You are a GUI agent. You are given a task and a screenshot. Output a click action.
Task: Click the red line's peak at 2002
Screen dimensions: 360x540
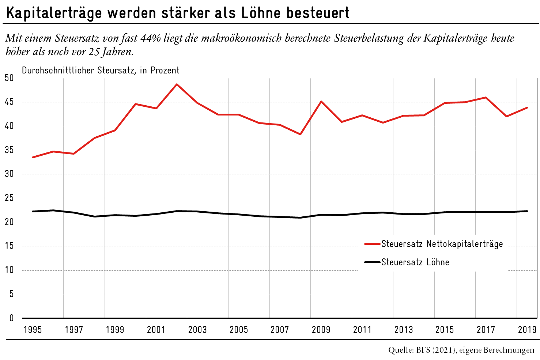177,84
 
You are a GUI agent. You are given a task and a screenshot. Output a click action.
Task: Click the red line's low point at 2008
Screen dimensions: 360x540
301,134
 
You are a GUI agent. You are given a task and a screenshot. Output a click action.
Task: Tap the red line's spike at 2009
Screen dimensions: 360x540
321,101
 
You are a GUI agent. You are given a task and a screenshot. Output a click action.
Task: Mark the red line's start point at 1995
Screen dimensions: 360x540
33,157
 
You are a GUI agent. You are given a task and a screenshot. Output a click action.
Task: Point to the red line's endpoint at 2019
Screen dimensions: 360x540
527,107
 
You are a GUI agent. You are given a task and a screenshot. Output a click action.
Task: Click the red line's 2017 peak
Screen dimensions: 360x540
486,97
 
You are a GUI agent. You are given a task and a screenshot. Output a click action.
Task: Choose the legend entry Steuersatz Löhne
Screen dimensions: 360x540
415,262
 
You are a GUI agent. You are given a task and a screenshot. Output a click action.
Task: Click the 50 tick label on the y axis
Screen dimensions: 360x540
9,78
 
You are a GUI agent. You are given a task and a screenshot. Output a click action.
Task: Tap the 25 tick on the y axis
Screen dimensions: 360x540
9,198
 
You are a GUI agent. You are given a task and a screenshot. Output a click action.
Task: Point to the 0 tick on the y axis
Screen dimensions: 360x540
11,318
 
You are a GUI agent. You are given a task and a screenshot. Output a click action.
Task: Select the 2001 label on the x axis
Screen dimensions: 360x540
156,330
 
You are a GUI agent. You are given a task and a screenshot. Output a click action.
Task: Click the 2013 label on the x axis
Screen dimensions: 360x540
403,330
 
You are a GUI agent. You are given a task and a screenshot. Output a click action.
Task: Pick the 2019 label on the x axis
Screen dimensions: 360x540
527,330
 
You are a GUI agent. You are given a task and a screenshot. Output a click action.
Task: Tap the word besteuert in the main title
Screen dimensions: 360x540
317,13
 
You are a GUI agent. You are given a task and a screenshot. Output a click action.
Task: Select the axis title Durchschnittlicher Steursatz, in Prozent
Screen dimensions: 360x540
101,70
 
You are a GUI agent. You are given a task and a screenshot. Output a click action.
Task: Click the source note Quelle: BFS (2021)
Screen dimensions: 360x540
422,350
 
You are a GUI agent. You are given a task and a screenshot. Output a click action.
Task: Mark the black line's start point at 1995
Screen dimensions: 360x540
33,211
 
